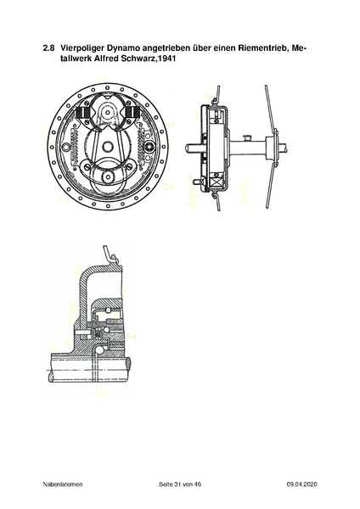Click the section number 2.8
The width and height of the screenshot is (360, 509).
pyautogui.click(x=48, y=48)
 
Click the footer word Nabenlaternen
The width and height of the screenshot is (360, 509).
pyautogui.click(x=63, y=484)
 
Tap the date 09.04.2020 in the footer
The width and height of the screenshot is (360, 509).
pyautogui.click(x=302, y=484)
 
